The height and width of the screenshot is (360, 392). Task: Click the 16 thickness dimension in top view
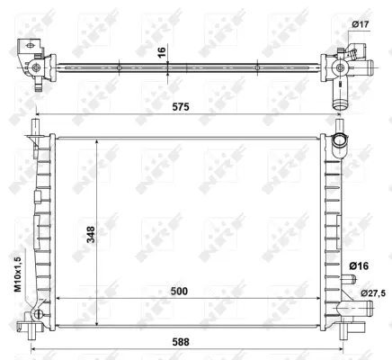(x=162, y=51)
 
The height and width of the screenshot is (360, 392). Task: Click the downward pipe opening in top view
(x=340, y=101)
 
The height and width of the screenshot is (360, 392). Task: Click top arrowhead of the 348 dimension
(x=96, y=142)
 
